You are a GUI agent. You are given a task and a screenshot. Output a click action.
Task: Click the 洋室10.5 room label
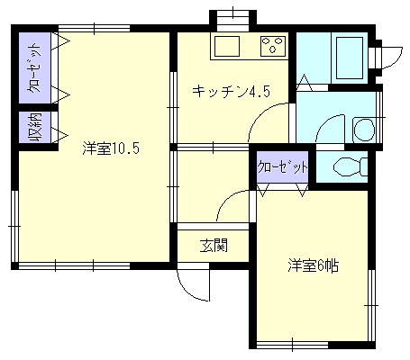coord(111,148)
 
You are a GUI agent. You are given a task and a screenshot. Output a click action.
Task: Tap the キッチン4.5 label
coord(231,92)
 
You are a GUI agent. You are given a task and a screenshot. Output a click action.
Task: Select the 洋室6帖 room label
coord(314,265)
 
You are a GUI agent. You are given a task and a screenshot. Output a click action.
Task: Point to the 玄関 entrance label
coord(214,245)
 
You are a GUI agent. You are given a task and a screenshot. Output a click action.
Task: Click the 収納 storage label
coord(35,128)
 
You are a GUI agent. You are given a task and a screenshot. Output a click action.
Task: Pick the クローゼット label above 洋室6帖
coord(283,167)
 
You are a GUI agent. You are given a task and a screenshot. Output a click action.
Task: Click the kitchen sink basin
coord(227,46)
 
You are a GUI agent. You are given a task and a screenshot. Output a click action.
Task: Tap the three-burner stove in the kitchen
coord(273,46)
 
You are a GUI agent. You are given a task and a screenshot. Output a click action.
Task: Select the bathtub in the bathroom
coord(350,58)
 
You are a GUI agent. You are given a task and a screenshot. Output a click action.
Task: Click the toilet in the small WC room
coord(351,166)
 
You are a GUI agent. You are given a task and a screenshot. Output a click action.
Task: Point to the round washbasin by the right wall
coord(364,130)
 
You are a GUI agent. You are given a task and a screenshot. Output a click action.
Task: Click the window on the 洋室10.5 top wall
coord(94,29)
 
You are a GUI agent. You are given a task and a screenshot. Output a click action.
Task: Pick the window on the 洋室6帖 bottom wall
coord(293,345)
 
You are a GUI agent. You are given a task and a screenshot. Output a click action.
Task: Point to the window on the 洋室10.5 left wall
coord(14,226)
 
